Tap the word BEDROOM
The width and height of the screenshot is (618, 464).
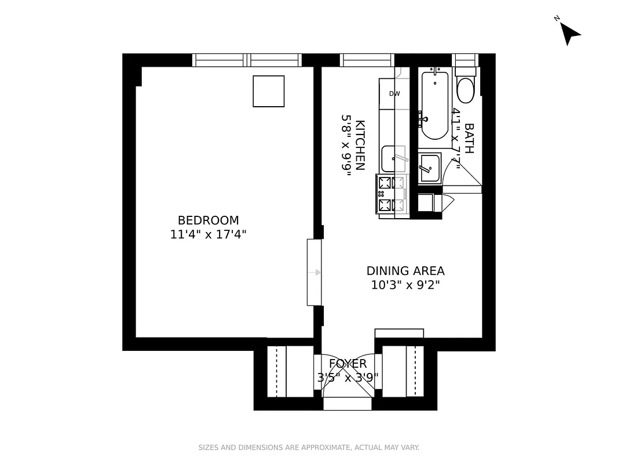click(208, 220)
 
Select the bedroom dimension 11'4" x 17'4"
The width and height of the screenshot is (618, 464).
click(208, 234)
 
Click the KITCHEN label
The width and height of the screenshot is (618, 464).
click(360, 145)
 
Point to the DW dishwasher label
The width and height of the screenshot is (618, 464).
click(394, 93)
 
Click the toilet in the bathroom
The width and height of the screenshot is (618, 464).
click(465, 88)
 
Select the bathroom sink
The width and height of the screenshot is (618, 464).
click(429, 168)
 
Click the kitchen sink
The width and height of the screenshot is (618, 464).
click(392, 158)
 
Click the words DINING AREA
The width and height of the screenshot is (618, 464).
click(405, 271)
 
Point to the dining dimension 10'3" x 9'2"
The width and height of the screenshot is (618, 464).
click(405, 285)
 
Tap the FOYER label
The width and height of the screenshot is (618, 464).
click(348, 364)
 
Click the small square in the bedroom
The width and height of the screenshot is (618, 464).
click(269, 91)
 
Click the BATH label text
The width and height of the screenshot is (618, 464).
click(469, 138)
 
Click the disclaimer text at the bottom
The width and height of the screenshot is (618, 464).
click(309, 447)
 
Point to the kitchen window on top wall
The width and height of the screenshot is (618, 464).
click(367, 60)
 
